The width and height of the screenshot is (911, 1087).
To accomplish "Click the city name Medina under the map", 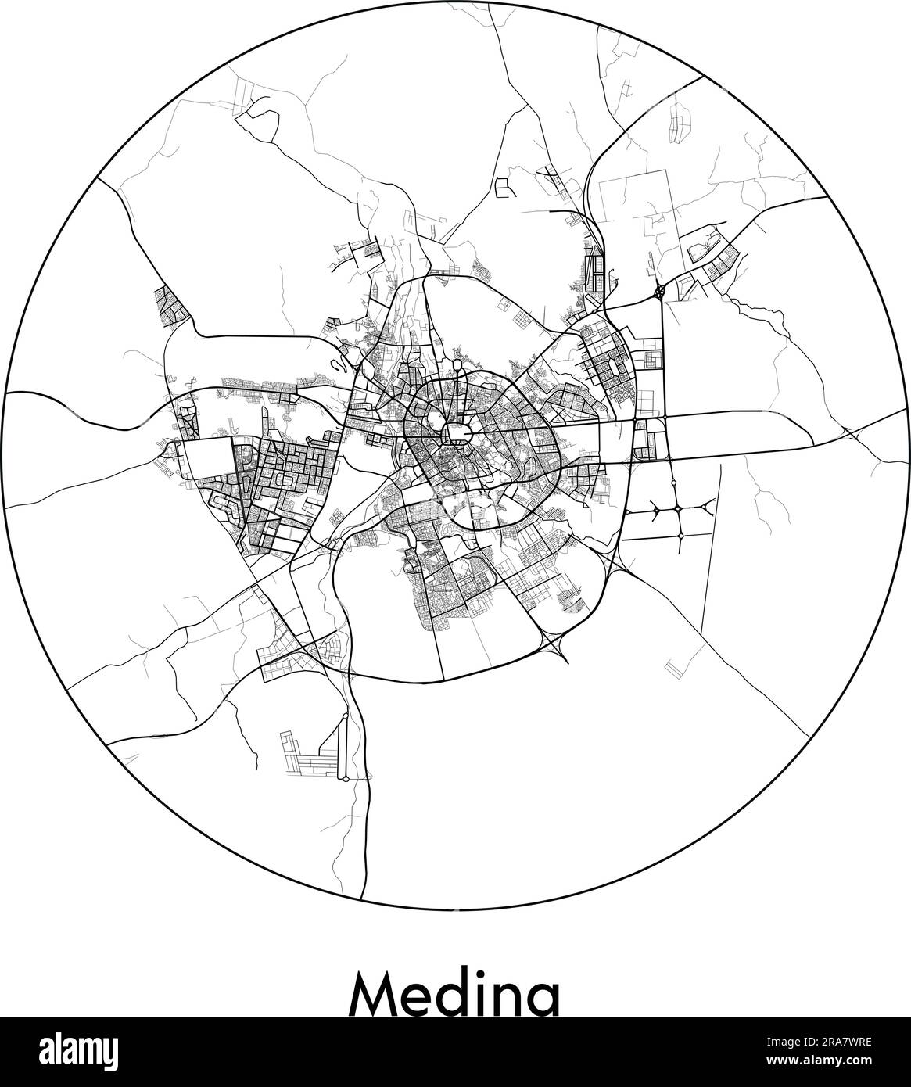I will [455, 992].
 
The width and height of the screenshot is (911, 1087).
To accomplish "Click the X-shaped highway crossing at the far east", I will [855, 432].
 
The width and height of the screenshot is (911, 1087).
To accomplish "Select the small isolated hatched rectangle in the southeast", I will [672, 666].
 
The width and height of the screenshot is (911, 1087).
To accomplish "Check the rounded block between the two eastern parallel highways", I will [647, 439].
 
